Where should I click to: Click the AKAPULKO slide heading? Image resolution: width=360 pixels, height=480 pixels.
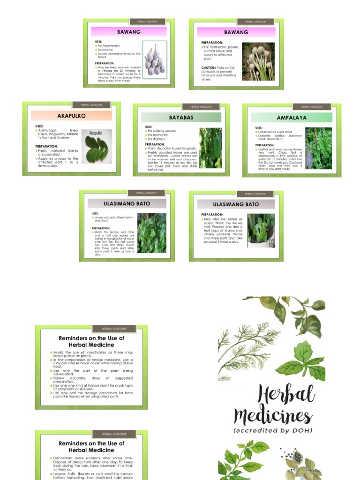coord(71,115)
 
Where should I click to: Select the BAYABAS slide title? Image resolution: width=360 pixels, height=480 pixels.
coord(181,117)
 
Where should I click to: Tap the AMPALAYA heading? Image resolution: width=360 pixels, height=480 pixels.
coord(292,118)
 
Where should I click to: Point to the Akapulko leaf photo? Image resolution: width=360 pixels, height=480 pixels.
coord(97,146)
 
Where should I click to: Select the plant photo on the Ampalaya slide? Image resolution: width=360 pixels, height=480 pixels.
coord(318,148)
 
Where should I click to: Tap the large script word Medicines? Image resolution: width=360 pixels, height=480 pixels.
coord(272,416)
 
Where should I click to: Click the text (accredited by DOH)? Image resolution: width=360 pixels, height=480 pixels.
coord(273,430)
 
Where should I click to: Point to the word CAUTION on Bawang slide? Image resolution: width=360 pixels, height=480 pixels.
coord(209,67)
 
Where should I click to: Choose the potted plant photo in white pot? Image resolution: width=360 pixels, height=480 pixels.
coord(261,231)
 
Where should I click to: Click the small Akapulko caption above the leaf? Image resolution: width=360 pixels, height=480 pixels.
coord(96,133)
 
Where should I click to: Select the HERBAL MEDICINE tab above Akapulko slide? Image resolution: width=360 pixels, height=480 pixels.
coord(88,105)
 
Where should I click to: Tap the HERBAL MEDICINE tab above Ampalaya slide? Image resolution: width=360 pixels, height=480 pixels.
coord(309,107)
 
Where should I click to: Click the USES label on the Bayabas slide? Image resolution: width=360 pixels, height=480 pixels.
coord(149,127)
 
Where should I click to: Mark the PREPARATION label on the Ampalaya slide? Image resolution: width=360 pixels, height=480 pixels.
coord(265,145)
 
